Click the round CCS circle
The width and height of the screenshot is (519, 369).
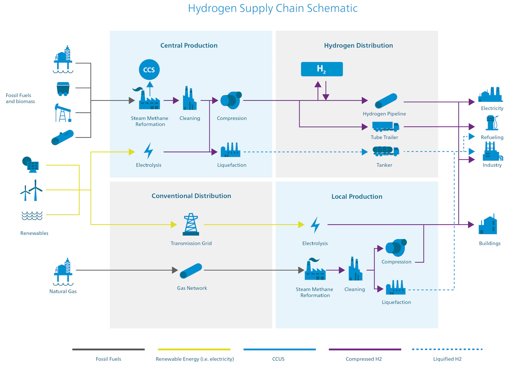click(149, 70)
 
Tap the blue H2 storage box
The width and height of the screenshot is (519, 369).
click(322, 69)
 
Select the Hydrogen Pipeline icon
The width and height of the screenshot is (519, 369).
click(385, 101)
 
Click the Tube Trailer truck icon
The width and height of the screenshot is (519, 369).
click(385, 126)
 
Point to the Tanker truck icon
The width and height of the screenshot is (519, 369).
click(385, 151)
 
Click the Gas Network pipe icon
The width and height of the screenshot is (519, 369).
click(191, 271)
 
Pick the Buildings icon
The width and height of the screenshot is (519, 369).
click(488, 225)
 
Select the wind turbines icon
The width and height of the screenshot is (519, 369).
click(31, 190)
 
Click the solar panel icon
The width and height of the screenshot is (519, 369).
click(31, 165)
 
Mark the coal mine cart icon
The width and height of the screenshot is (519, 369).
click(63, 89)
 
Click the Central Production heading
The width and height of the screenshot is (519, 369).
click(189, 45)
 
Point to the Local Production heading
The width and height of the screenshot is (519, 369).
click(357, 196)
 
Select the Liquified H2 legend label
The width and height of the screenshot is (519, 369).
click(447, 359)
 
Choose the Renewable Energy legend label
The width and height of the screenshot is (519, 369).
click(195, 359)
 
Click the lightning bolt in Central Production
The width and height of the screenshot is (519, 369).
click(148, 151)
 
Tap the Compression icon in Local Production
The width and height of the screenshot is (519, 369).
click(396, 247)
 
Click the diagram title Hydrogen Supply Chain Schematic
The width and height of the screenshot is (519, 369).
click(273, 8)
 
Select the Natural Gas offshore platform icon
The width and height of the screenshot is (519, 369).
click(63, 272)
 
